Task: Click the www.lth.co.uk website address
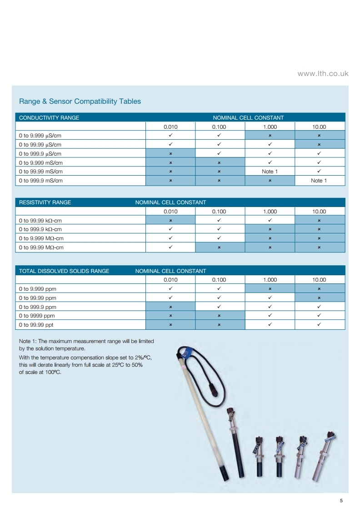pyautogui.click(x=323, y=73)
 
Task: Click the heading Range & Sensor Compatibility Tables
pyautogui.click(x=80, y=101)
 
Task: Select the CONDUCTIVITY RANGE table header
pyautogui.click(x=49, y=118)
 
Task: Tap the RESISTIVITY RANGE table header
pyautogui.click(x=45, y=202)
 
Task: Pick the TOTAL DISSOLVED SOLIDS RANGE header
pyautogui.click(x=64, y=271)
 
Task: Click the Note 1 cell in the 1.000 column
pyautogui.click(x=270, y=172)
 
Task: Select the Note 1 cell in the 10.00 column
pyautogui.click(x=319, y=181)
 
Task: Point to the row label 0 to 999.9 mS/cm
pyautogui.click(x=41, y=181)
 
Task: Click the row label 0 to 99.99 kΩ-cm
pyautogui.click(x=40, y=221)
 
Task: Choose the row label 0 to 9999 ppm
pyautogui.click(x=37, y=316)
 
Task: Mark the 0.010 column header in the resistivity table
pyautogui.click(x=170, y=212)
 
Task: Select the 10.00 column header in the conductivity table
pyautogui.click(x=319, y=127)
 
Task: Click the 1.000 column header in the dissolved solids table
pyautogui.click(x=270, y=280)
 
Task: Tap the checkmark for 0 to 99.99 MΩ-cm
pyautogui.click(x=170, y=247)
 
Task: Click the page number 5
pyautogui.click(x=341, y=501)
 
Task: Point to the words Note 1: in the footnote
pyautogui.click(x=30, y=341)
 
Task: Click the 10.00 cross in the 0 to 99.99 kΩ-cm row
pyautogui.click(x=319, y=221)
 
